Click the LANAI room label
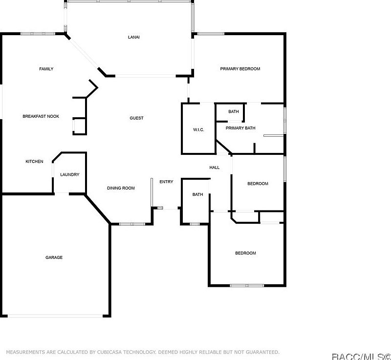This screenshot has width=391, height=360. (x=133, y=37)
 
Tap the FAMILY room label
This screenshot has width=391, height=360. (x=46, y=69)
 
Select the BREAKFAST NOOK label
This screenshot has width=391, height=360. (x=41, y=116)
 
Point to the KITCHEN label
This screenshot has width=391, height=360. (x=34, y=162)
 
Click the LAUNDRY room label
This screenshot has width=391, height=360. (x=69, y=174)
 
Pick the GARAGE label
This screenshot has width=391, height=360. (x=54, y=257)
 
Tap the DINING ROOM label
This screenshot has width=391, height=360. (x=121, y=188)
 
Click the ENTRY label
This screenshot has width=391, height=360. (x=166, y=182)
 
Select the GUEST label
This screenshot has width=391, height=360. (x=136, y=118)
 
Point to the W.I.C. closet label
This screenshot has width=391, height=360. (x=198, y=129)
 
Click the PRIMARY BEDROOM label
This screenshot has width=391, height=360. (x=240, y=69)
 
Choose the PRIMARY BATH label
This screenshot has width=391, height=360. (x=240, y=128)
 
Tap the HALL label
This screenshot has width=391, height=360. (x=215, y=168)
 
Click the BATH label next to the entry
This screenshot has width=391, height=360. (x=197, y=194)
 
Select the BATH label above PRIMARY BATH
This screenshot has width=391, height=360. (x=234, y=111)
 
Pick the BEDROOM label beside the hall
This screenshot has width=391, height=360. (x=258, y=184)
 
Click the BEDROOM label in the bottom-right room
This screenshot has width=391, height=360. (x=245, y=253)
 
